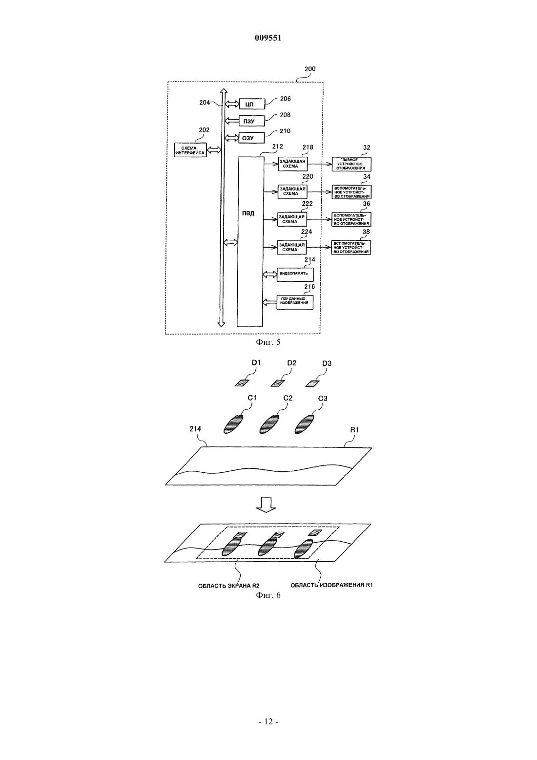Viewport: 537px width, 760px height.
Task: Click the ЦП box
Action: click(x=251, y=104)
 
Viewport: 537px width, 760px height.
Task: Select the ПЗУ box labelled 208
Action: click(x=251, y=121)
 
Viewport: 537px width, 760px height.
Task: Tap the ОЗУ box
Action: click(x=251, y=138)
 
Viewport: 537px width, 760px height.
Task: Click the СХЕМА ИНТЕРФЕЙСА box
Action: click(x=190, y=150)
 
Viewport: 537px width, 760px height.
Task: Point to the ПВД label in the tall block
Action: click(x=248, y=214)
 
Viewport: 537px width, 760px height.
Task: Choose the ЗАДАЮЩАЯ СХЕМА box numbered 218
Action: click(x=292, y=164)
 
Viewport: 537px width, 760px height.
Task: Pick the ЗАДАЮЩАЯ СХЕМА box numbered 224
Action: click(x=292, y=247)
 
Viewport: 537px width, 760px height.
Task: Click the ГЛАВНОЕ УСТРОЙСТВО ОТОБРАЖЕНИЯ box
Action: click(x=351, y=164)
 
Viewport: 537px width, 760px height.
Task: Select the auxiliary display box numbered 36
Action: click(x=351, y=219)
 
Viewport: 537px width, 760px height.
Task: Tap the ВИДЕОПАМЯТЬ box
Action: click(x=295, y=274)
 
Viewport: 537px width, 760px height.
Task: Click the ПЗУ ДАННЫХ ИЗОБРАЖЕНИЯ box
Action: click(x=295, y=302)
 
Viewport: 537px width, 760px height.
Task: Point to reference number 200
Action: click(x=310, y=69)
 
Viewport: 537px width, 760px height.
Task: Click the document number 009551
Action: click(x=268, y=38)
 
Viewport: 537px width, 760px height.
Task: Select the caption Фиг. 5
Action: click(x=268, y=342)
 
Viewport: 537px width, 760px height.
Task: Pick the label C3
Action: click(x=323, y=399)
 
